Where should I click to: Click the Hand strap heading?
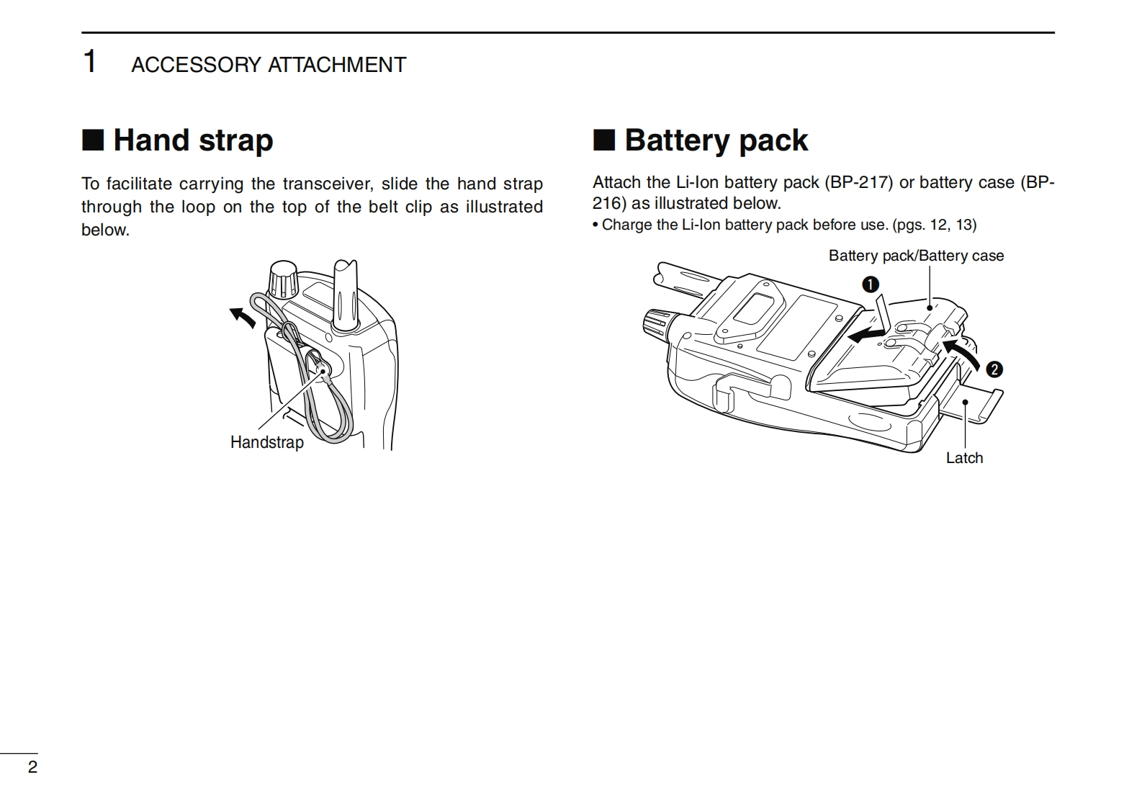click(193, 140)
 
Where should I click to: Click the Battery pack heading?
click(716, 140)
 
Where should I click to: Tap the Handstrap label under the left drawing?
click(266, 442)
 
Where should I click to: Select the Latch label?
click(964, 458)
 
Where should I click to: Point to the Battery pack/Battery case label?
click(916, 256)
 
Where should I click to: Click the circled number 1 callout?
click(871, 284)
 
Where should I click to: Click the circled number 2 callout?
click(994, 369)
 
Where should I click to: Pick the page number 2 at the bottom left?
click(32, 767)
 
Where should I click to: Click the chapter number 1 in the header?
click(90, 62)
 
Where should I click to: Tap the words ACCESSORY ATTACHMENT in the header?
click(269, 65)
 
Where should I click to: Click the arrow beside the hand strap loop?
click(242, 317)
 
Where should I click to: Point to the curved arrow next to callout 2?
click(963, 353)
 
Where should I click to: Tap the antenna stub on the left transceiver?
click(346, 295)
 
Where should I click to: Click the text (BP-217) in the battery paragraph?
click(859, 182)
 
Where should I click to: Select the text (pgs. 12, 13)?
click(935, 225)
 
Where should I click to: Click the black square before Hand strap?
click(93, 140)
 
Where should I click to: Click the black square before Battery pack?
click(603, 140)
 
